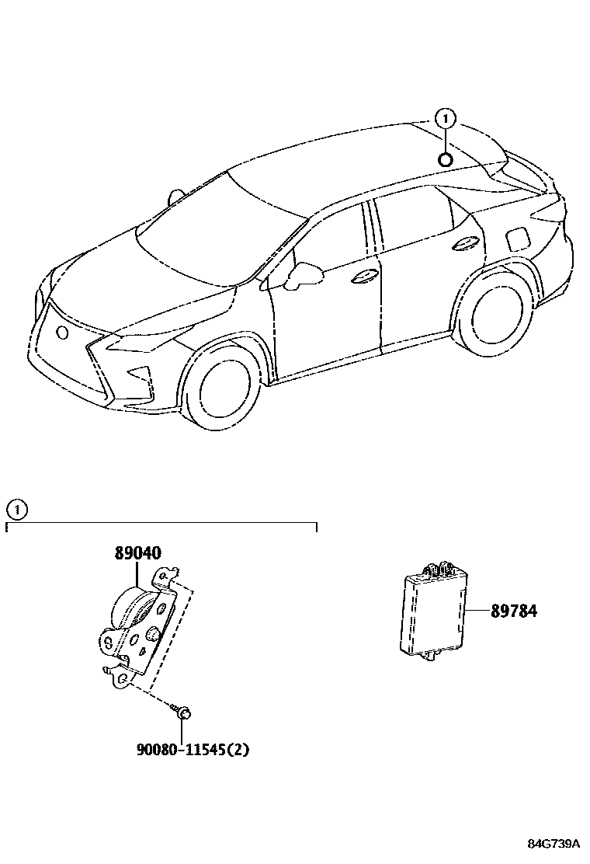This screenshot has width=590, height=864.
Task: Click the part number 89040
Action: click(138, 554)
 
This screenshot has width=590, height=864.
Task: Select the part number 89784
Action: click(513, 611)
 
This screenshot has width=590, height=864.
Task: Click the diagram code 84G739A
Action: click(554, 844)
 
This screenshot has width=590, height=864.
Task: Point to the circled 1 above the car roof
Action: click(445, 119)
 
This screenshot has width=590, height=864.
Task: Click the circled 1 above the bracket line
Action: click(16, 510)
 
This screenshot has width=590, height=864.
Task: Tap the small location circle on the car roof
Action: click(446, 160)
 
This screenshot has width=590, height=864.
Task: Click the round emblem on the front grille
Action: click(62, 333)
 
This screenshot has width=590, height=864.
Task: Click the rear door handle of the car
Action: click(466, 243)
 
